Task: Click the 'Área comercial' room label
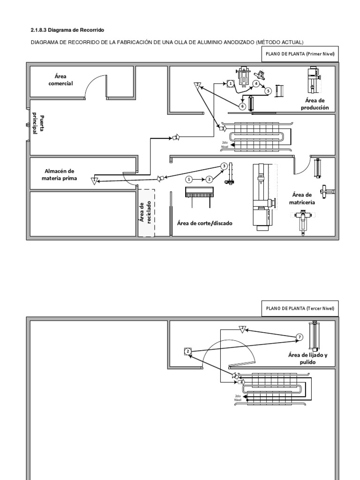[x=63, y=80]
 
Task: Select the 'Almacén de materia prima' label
[x=60, y=174]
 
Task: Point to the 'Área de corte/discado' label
[x=204, y=223]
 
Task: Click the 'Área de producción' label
[x=315, y=104]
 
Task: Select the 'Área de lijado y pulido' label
[x=307, y=359]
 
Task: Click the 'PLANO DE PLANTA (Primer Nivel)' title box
[x=300, y=54]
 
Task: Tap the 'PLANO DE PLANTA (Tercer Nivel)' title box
[x=300, y=308]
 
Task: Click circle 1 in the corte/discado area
[x=189, y=179]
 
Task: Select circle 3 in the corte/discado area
[x=224, y=166]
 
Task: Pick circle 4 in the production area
[x=256, y=83]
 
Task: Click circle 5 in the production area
[x=268, y=91]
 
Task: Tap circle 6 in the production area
[x=242, y=106]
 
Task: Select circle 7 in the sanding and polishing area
[x=300, y=337]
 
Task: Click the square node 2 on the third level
[x=187, y=351]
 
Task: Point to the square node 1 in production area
[x=230, y=83]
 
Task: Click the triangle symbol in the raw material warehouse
[x=95, y=180]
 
